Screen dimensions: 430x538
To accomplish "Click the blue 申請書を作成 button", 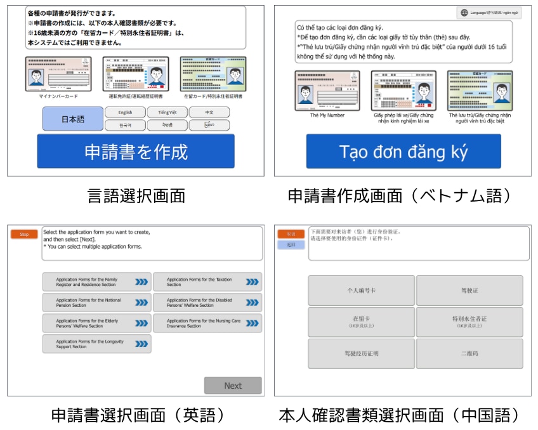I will point(135,152).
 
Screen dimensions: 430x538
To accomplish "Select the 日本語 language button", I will point(72,119).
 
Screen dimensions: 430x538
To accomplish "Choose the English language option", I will point(125,112).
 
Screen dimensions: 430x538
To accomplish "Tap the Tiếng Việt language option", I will point(167,112).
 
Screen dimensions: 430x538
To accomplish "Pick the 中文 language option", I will point(209,112).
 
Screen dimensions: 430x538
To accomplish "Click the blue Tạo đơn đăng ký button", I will point(403,152).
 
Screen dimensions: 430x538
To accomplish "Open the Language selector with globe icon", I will point(489,13).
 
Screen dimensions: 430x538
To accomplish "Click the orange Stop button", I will point(24,234).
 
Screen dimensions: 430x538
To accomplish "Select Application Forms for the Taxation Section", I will point(207,282).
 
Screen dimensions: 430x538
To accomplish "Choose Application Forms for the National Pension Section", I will point(96,303).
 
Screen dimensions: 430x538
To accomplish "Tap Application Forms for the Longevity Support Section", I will point(96,344).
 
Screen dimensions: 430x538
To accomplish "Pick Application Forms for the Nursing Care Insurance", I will point(207,323).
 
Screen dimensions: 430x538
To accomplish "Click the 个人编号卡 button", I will point(361,290).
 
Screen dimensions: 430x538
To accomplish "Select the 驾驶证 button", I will point(469,290).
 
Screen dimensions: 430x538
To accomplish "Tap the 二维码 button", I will point(469,353).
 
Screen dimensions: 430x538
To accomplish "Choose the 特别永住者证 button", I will point(469,321).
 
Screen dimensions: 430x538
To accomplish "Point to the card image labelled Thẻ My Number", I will point(327,90).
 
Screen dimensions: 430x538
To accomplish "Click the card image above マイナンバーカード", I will point(58,74).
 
